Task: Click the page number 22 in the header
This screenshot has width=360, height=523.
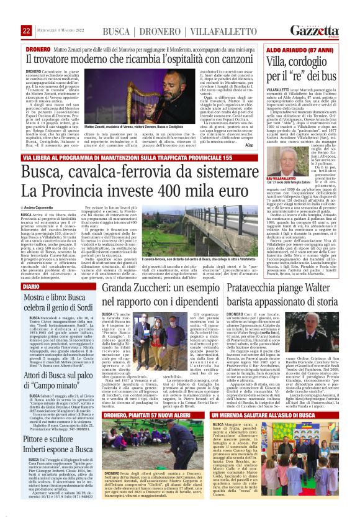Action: coord(27,31)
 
